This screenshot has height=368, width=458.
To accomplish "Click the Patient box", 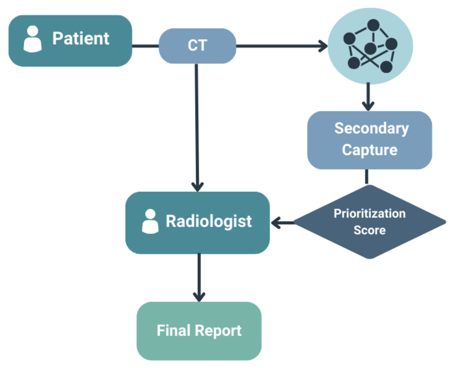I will [x=70, y=40].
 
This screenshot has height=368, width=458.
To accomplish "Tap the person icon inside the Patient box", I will [x=33, y=39].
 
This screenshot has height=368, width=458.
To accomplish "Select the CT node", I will [x=197, y=46].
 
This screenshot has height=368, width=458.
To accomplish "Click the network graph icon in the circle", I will [x=370, y=47].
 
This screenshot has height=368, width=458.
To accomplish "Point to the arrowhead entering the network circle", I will [x=323, y=46].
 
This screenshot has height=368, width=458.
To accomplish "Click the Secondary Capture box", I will [x=369, y=140].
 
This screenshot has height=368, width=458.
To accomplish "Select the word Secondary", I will [x=371, y=129].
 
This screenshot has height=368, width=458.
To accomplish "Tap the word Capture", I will [x=369, y=150].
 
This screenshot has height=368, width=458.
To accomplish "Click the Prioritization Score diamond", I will [x=369, y=222].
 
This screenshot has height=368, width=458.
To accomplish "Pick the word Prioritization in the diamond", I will [x=369, y=213].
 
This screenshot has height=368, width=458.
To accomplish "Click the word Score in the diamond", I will [x=369, y=230].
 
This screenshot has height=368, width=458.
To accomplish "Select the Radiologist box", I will [x=198, y=222].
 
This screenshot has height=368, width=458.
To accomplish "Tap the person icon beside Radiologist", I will [x=150, y=222].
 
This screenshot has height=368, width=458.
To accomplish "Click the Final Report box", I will [x=199, y=331].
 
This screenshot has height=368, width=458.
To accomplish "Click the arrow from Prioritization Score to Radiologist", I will [x=282, y=222].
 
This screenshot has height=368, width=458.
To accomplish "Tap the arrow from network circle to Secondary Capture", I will [x=368, y=97].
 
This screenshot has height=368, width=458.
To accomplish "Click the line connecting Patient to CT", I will [x=145, y=46].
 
